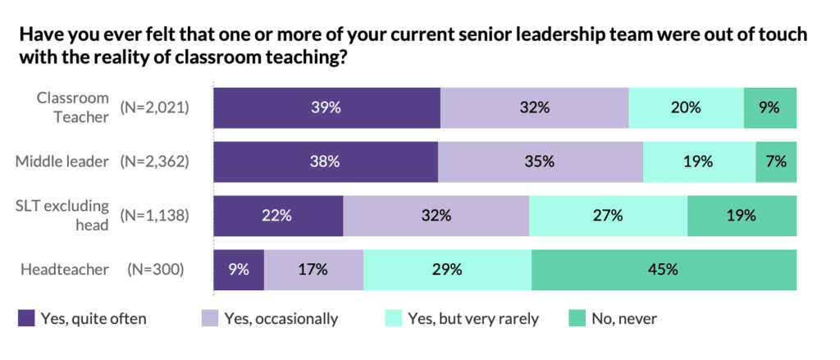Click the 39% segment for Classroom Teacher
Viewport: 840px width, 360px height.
[x=326, y=107]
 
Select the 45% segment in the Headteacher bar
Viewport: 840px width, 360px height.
[x=664, y=269]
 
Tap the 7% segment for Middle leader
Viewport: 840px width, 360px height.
[x=776, y=162]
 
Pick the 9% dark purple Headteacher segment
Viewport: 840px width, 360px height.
[x=239, y=269]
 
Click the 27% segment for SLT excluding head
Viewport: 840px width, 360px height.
[x=608, y=216]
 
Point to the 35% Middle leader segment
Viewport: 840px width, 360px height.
[x=540, y=162]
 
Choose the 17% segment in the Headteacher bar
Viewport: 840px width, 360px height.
[x=313, y=269]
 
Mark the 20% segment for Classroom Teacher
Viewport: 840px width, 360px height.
[x=686, y=107]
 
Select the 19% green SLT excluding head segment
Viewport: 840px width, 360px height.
[x=742, y=216]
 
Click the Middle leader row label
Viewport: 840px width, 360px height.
[x=62, y=162]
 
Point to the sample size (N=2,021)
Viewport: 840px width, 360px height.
[x=154, y=107]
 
